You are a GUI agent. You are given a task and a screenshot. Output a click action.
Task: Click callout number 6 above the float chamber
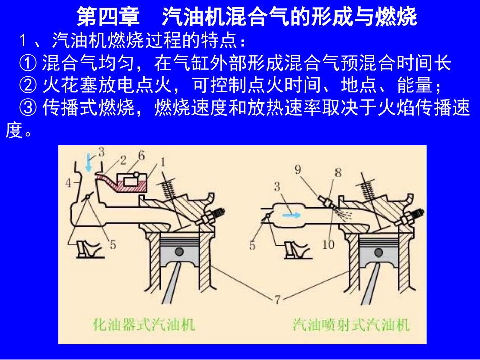tap(141, 156)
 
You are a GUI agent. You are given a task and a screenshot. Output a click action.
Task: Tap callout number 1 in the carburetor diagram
tap(163, 162)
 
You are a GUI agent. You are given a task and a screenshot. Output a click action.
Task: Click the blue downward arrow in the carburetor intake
tap(89, 164)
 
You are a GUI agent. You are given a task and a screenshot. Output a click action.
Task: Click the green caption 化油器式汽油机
tap(144, 324)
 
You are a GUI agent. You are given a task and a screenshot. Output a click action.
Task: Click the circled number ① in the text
tap(28, 63)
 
